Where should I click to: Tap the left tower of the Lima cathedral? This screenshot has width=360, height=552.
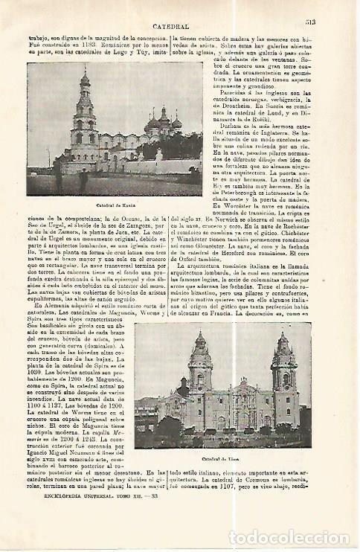(199, 379)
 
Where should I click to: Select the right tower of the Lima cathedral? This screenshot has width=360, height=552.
(283, 379)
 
